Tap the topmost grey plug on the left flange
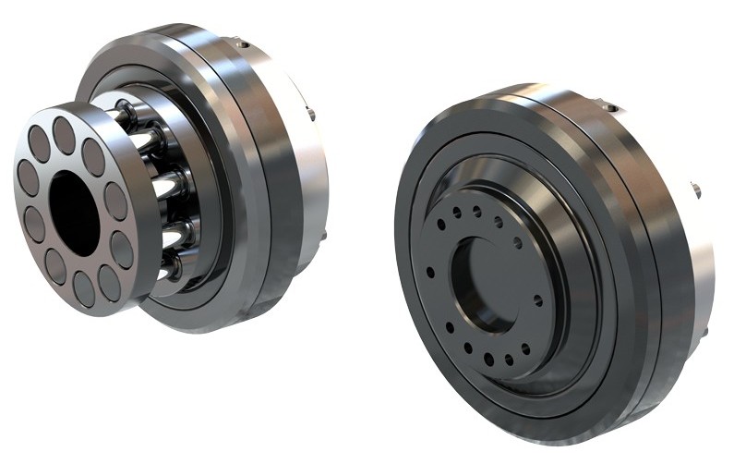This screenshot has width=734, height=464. [64, 134]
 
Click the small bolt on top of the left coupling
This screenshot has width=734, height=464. [242, 41]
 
